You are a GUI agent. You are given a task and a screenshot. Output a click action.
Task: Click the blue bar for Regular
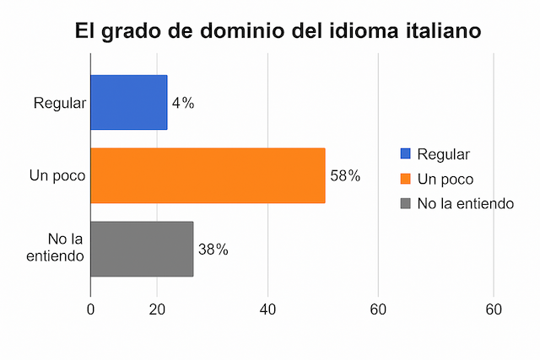click(128, 102)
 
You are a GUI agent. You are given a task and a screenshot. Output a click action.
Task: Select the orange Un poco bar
click(208, 175)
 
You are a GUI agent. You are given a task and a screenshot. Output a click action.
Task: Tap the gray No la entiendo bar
click(142, 249)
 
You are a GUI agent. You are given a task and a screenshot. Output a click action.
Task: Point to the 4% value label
click(183, 103)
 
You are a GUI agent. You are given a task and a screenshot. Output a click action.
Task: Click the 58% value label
click(345, 176)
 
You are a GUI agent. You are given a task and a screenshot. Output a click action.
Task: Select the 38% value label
click(213, 250)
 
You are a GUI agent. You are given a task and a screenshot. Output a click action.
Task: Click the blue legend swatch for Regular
click(406, 154)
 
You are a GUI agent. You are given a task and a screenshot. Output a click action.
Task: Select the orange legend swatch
click(406, 179)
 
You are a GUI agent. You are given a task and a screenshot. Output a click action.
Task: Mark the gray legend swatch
click(406, 203)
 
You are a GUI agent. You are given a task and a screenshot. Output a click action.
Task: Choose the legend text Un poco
click(445, 179)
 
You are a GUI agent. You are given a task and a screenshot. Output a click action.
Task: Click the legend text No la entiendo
click(466, 203)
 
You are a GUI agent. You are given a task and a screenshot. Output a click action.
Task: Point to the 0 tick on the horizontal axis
click(91, 309)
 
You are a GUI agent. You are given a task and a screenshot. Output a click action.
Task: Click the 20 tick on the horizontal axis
click(157, 309)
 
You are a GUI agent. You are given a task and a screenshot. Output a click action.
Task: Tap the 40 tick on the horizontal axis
click(268, 309)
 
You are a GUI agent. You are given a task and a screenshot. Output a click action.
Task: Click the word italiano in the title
click(430, 31)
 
